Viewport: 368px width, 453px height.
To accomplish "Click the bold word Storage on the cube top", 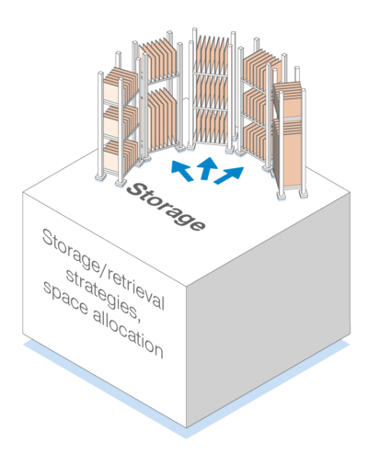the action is click(166, 207).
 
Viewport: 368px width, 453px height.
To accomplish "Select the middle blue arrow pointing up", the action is click(207, 168).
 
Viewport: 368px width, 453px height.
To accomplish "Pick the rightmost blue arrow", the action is click(229, 176).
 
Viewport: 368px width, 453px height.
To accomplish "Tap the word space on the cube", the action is click(65, 300).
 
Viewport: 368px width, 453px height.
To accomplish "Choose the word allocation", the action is click(128, 334).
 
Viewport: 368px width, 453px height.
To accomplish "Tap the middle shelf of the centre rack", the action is click(212, 91).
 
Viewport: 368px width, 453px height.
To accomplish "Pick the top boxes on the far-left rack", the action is click(120, 84).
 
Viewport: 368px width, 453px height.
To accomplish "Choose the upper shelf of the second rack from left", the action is click(160, 61).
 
